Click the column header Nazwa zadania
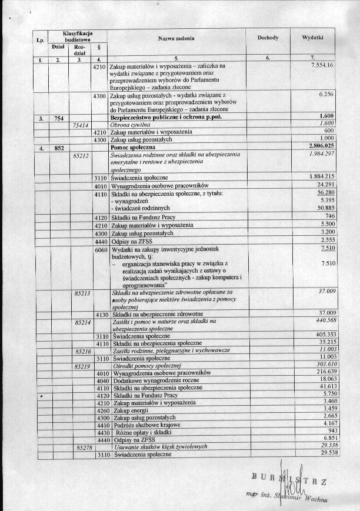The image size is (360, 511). (176, 38)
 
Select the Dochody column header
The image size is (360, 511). (267, 38)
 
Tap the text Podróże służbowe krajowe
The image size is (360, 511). (146, 425)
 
